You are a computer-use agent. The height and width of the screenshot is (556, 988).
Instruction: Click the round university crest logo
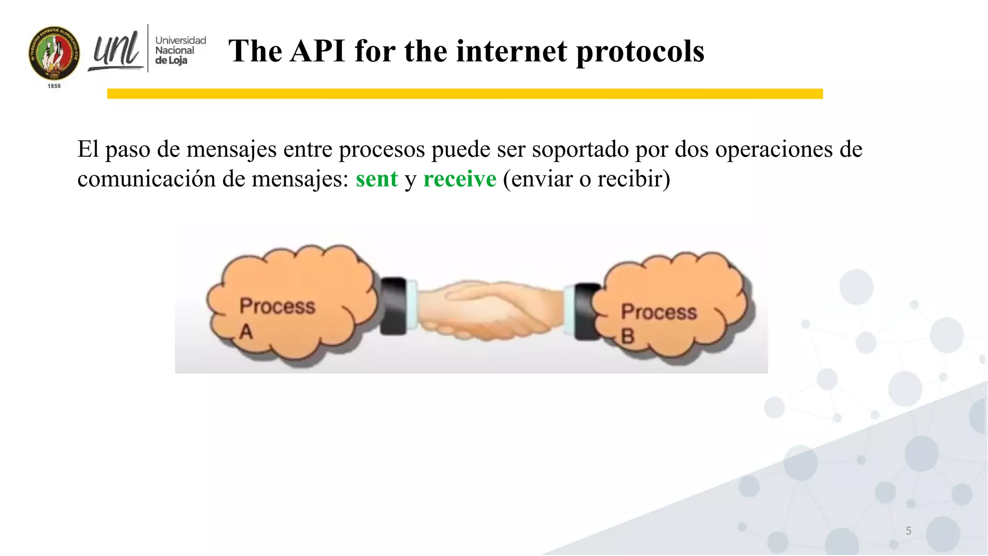tap(54, 53)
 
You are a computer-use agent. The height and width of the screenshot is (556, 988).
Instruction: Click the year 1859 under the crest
tap(54, 86)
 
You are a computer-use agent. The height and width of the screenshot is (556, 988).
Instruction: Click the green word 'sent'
tap(377, 179)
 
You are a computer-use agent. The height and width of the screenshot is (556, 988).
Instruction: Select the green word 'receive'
tap(459, 179)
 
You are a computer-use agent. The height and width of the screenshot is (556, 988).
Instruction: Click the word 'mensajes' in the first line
tap(231, 149)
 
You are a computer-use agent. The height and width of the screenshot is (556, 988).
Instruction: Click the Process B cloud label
tap(658, 322)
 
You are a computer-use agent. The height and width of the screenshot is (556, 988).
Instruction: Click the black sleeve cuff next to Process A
tap(393, 306)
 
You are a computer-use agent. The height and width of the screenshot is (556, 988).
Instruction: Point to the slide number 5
tap(908, 531)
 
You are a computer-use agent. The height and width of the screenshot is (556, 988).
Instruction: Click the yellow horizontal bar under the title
tap(464, 94)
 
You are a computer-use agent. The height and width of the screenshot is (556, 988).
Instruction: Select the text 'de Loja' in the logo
tap(171, 61)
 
